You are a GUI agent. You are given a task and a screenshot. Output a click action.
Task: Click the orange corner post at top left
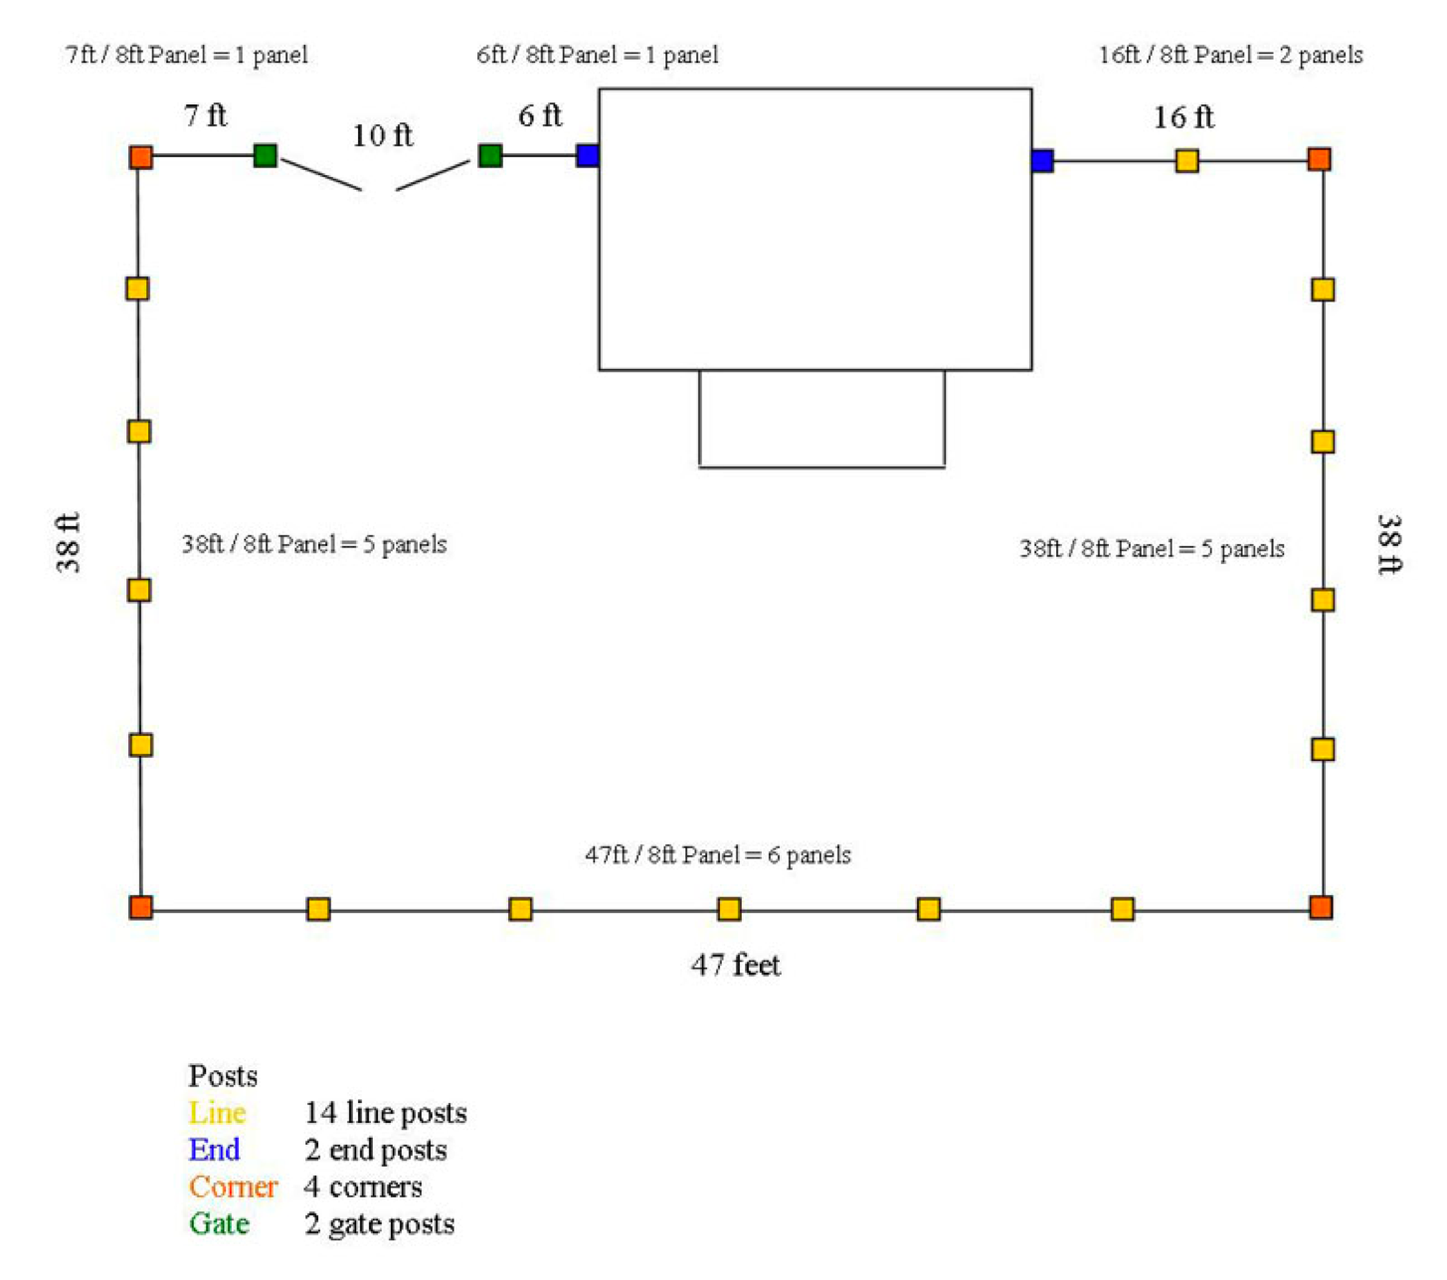coord(141,157)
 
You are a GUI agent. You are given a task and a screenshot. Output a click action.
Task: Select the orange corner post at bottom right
coord(1321,907)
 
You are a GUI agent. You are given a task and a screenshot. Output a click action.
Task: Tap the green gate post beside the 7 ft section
coord(265,155)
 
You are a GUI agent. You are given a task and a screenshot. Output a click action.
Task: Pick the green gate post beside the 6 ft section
coord(490,155)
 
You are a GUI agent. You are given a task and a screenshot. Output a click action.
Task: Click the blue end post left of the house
coord(587,155)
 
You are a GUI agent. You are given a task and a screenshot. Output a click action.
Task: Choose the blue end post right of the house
coord(1042,160)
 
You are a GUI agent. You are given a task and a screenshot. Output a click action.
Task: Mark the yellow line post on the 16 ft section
coord(1186,160)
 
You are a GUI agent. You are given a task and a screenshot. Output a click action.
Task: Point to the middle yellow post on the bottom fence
coord(729,908)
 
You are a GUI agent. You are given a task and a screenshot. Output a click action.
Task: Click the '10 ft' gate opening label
coord(382,135)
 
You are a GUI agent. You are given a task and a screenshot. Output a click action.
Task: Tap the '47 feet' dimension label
coord(736,965)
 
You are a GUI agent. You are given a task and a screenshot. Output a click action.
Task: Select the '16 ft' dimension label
coord(1183,117)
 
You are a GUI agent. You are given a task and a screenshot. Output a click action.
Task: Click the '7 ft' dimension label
coord(206,115)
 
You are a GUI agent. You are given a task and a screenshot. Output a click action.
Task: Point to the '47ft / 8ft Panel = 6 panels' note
coord(718,855)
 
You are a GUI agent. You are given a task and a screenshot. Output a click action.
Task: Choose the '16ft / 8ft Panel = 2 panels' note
coord(1230,56)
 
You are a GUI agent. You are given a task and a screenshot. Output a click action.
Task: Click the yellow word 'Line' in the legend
coord(217,1113)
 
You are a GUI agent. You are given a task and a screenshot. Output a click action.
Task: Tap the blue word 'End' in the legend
coord(214,1150)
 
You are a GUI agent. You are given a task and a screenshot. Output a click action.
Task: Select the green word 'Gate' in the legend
coord(219,1223)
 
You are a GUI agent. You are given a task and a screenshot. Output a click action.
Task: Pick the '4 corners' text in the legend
coord(363,1187)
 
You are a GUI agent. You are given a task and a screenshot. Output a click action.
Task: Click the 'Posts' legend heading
coord(223,1076)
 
